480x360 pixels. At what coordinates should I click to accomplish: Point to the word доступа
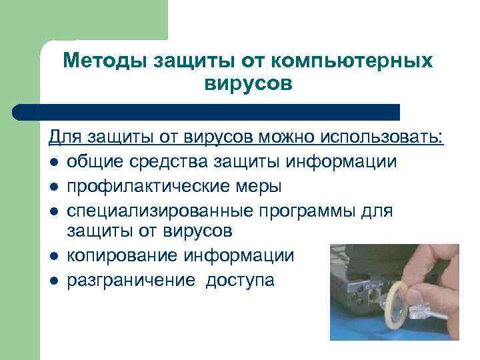coord(239,279)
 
